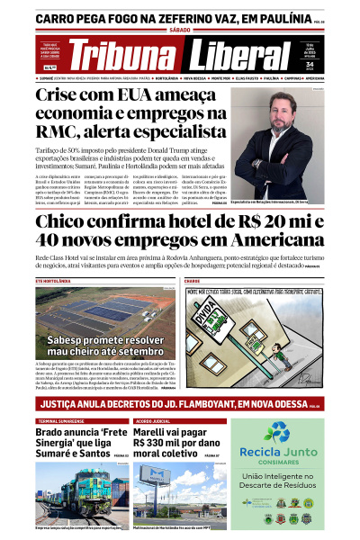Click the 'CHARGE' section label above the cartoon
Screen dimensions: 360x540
tap(195, 282)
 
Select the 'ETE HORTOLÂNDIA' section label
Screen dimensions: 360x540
tap(53, 282)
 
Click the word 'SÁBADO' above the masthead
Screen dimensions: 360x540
tap(180, 30)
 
